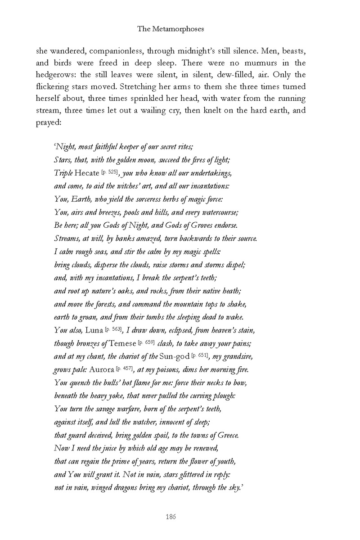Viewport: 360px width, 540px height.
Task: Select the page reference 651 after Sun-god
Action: click(201, 356)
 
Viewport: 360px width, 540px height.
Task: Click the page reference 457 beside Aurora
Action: click(126, 369)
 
